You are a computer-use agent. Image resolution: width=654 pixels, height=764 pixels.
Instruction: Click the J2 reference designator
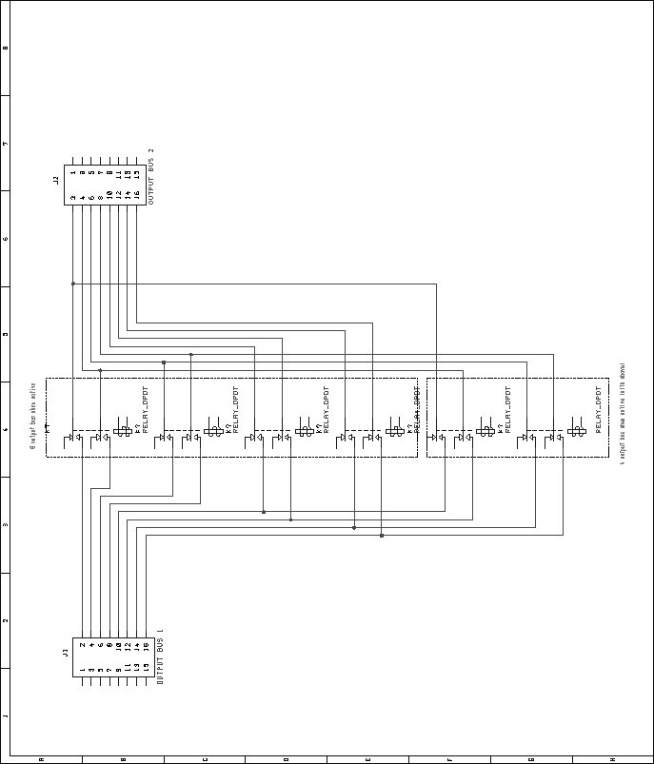tap(55, 179)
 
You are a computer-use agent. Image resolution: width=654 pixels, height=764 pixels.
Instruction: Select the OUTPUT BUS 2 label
tap(150, 176)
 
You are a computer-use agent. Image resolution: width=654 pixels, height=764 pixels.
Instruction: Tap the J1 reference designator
tap(65, 652)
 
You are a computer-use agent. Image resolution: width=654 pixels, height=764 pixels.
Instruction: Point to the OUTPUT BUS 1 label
tap(160, 656)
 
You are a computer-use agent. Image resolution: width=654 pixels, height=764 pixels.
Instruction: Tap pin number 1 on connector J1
tap(82, 669)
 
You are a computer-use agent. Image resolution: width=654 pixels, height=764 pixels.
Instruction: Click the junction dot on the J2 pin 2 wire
tap(72, 283)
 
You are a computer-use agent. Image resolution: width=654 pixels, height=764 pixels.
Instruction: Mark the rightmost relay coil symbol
tap(576, 431)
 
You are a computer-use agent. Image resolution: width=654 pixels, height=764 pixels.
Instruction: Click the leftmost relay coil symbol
tap(123, 431)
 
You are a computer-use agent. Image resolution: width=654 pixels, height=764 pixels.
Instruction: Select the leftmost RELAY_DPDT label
tap(145, 409)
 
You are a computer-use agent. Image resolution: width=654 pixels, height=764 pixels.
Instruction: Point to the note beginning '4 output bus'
tap(622, 413)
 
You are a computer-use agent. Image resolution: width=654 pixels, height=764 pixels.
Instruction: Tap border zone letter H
tap(612, 758)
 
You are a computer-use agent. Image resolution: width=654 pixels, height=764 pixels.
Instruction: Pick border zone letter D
tap(286, 758)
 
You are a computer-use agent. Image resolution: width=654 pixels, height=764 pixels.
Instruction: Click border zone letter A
tap(41, 758)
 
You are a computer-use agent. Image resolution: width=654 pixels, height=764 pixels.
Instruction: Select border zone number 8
tap(6, 48)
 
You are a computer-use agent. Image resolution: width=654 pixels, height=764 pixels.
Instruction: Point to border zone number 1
tap(6, 715)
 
